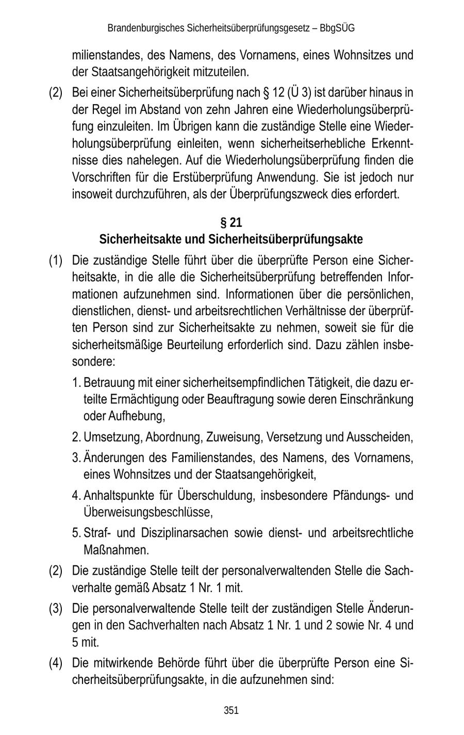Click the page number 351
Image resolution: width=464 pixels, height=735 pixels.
(231, 710)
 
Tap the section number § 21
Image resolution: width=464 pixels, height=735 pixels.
(231, 223)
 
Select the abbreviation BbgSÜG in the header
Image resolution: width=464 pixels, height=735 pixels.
(337, 28)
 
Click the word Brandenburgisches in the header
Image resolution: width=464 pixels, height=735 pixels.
(139, 28)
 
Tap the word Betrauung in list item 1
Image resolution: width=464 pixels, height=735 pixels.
(105, 383)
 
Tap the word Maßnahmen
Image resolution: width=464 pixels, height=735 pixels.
(115, 550)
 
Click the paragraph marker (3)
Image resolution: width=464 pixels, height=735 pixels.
(56, 609)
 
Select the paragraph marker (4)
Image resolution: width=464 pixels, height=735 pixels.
(56, 663)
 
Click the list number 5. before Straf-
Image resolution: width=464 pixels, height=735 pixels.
(76, 533)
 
